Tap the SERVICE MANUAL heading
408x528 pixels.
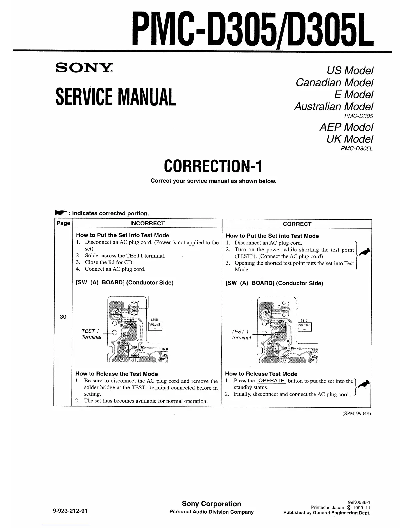116,96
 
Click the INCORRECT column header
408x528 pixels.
147,223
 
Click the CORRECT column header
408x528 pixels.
297,224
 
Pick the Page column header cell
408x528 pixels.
63,223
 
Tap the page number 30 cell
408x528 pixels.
63,317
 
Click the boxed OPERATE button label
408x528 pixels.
271,381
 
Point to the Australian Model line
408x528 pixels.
333,107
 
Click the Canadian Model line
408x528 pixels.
334,82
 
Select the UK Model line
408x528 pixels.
350,139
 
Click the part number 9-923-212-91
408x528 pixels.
70,510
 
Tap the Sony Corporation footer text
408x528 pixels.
211,504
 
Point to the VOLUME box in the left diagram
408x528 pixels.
155,325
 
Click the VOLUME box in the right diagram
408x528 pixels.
305,325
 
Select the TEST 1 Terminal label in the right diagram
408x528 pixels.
241,335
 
